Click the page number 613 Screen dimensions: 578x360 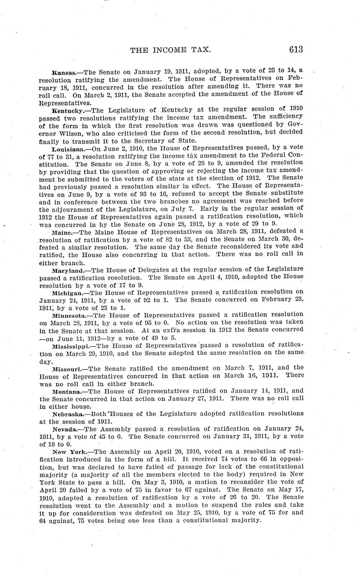click(x=295, y=50)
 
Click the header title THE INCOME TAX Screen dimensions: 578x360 click(x=170, y=50)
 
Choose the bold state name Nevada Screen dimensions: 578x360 click(x=65, y=430)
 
